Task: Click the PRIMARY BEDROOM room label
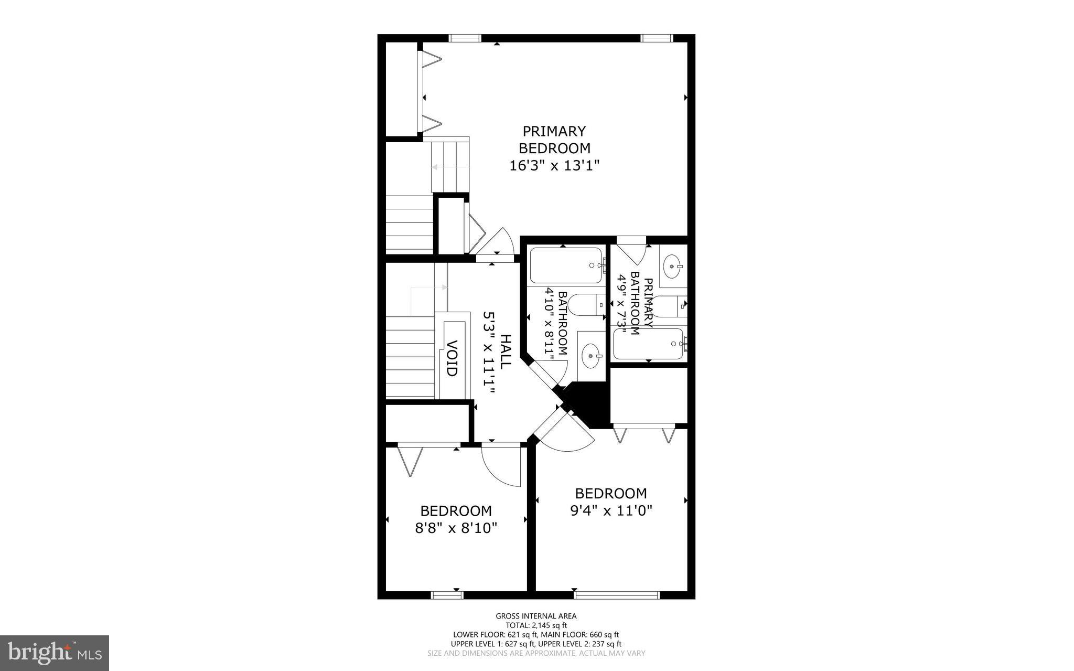(x=554, y=140)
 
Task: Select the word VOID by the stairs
(x=452, y=358)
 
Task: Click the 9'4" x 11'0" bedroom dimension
(x=611, y=510)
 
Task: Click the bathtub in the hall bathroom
(x=565, y=265)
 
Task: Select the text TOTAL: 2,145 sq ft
(x=536, y=625)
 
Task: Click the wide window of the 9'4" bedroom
(x=616, y=595)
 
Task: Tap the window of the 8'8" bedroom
(x=447, y=595)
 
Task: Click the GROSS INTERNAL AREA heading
(x=536, y=616)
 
